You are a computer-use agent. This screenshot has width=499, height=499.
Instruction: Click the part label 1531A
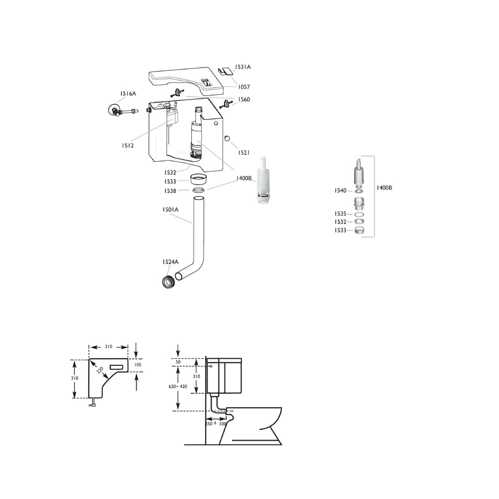click(243, 67)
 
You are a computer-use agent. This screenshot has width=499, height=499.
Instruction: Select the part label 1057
click(244, 87)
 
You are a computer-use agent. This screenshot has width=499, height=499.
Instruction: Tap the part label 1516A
click(128, 94)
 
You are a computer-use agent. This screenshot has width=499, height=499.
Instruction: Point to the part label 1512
click(128, 145)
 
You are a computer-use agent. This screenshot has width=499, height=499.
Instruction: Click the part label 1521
click(244, 153)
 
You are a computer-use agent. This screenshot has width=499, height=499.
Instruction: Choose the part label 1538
click(170, 191)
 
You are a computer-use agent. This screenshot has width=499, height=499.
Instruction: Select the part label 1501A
click(170, 210)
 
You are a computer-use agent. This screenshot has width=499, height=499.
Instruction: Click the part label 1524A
click(170, 262)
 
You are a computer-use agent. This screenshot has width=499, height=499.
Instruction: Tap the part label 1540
click(340, 191)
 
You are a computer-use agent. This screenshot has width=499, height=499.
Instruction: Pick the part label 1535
click(340, 214)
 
